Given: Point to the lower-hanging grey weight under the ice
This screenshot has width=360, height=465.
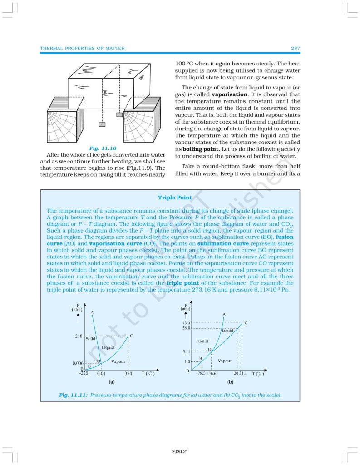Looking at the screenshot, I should point(103,124).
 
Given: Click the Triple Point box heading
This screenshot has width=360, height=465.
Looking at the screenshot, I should point(174,198).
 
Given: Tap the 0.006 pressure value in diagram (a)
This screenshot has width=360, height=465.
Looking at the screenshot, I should point(78,364).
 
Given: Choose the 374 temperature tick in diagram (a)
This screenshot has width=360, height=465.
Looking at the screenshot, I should point(128,373).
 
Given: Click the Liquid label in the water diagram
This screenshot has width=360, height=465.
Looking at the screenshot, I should point(108,347).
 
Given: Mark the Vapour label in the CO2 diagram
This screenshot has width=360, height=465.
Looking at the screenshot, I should point(225,361).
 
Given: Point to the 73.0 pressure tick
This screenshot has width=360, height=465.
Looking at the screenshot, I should point(186,323).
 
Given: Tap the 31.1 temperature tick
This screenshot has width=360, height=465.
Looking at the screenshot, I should point(243,374).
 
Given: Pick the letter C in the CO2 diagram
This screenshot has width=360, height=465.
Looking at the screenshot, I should point(246,323).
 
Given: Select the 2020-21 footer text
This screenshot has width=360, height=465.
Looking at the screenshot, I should point(180,452).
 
